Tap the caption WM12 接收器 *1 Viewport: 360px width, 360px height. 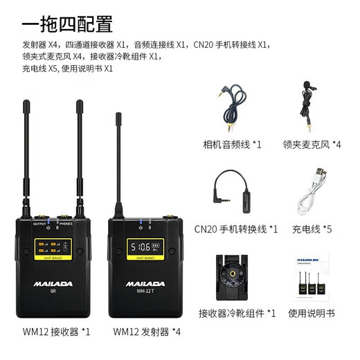coord(55,332)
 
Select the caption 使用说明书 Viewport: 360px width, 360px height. coord(312,313)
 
